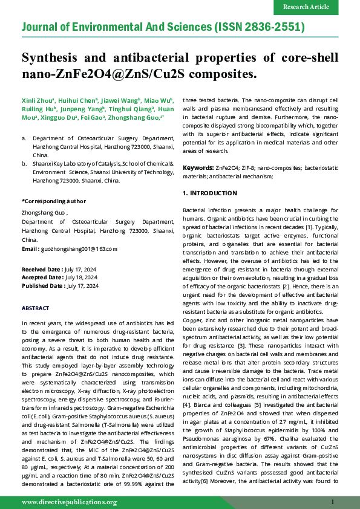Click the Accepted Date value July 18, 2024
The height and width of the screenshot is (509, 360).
(80, 277)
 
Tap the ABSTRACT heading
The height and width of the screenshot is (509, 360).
(36, 308)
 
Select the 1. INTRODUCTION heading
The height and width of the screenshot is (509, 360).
(210, 193)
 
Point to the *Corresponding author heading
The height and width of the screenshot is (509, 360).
(53, 201)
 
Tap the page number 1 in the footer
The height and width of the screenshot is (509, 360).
(333, 502)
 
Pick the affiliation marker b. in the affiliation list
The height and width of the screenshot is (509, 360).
(24, 163)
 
